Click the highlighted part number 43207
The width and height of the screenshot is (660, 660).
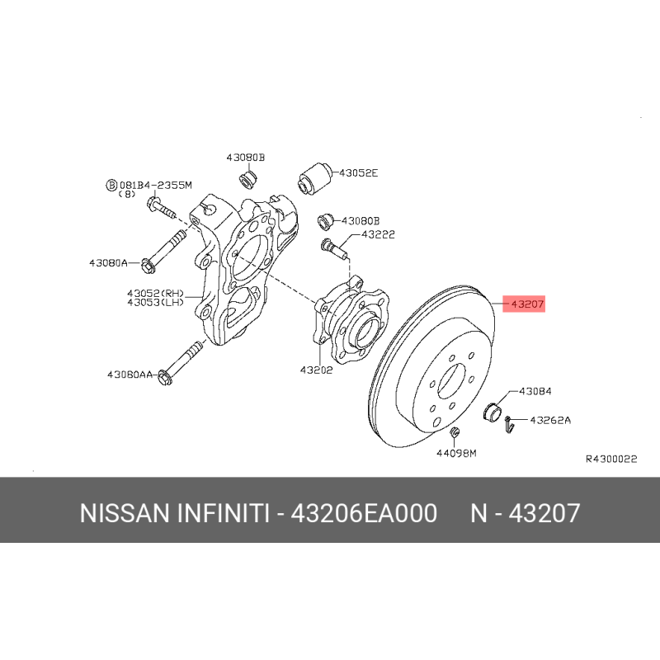tap(527, 304)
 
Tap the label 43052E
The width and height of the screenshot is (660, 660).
tap(359, 173)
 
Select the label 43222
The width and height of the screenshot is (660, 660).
tap(378, 234)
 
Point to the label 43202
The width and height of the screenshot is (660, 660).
tap(316, 370)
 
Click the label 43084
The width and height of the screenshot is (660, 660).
tap(535, 391)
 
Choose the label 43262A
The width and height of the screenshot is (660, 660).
tap(550, 420)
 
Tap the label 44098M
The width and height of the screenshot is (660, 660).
tap(456, 453)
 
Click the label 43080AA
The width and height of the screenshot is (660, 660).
tap(130, 375)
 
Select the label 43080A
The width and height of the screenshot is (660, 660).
tap(108, 263)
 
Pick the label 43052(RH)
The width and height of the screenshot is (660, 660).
tap(156, 293)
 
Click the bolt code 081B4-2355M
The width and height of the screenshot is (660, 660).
tap(156, 185)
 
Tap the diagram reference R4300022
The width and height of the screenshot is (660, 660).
tap(611, 459)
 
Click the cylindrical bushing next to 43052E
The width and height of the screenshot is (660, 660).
tap(315, 177)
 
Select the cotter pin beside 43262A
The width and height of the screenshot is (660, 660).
tap(509, 424)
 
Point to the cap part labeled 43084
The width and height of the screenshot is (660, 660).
tap(493, 411)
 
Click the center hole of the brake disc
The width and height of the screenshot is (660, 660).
tap(451, 381)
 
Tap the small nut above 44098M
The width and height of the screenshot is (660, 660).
tap(455, 431)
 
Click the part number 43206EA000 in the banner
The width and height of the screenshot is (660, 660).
tap(364, 513)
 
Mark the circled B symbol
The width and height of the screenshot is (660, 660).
tap(111, 185)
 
